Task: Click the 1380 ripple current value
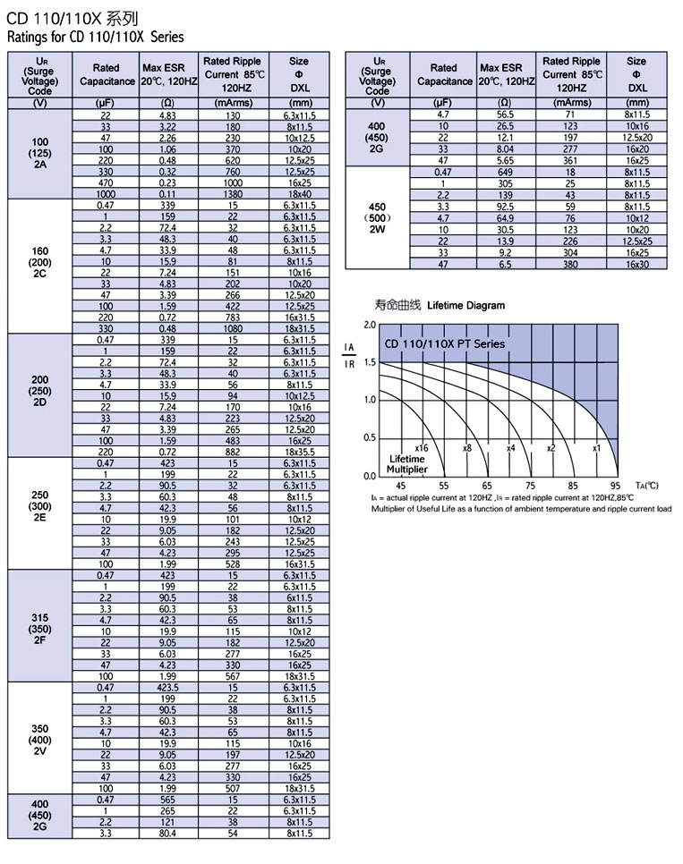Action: point(233,193)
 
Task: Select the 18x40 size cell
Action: point(299,193)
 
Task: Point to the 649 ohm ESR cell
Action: point(506,171)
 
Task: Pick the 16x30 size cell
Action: point(636,265)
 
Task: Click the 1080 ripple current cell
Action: point(233,328)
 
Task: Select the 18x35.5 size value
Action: point(299,453)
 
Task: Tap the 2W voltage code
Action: point(377,229)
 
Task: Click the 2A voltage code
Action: point(39,164)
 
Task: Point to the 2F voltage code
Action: point(39,640)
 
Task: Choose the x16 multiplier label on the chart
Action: point(422,446)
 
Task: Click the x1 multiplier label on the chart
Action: point(596,446)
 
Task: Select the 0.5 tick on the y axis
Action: point(370,437)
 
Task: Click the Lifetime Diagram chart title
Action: point(465,305)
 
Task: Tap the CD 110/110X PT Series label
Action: point(444,343)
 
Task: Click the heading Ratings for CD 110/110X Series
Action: point(95,38)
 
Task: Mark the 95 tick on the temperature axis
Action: point(615,486)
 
